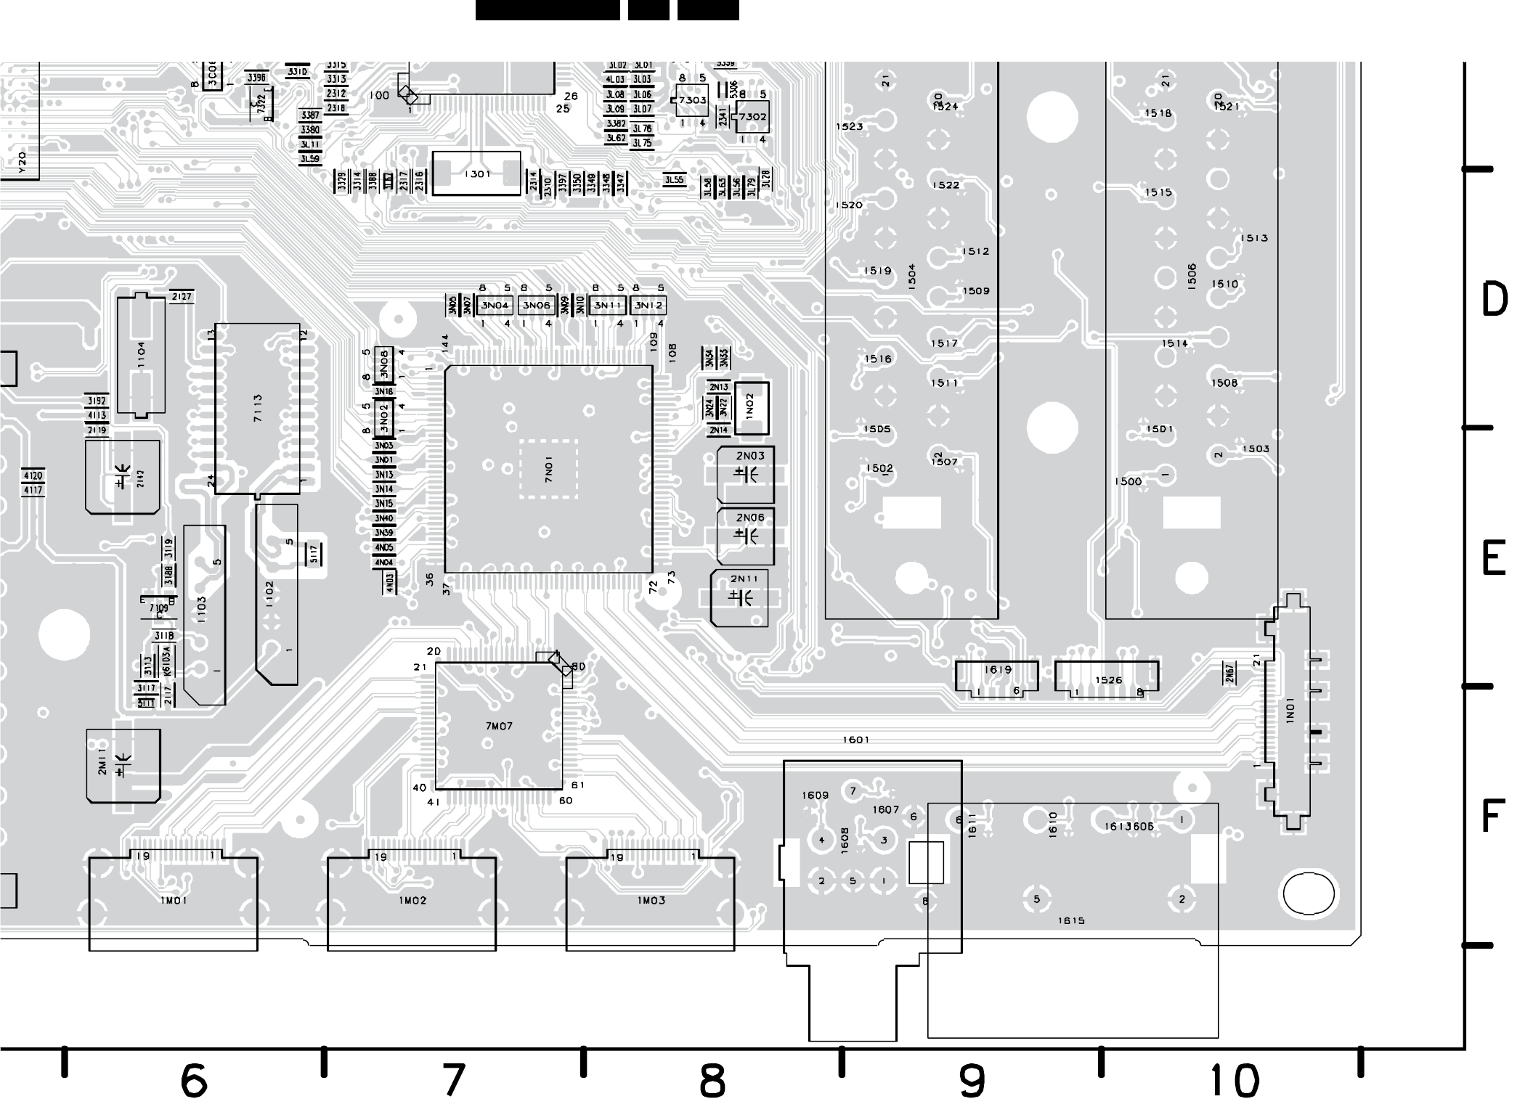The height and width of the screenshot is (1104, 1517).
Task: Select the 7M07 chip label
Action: point(499,726)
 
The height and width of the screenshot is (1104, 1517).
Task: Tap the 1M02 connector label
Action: point(412,900)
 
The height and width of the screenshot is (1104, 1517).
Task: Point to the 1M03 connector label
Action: point(651,900)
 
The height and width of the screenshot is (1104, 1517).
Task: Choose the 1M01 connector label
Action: point(174,900)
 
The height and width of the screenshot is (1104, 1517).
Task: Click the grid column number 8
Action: point(712,1081)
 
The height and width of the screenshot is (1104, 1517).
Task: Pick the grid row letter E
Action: point(1493,559)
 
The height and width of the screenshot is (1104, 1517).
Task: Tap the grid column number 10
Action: point(1235,1081)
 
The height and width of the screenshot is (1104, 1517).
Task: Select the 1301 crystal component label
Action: point(476,174)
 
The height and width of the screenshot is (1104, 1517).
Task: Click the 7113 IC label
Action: point(258,409)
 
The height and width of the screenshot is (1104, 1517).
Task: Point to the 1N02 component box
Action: point(751,407)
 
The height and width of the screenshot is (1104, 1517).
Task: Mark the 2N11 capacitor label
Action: point(744,578)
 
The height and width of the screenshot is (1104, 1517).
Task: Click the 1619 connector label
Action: point(998,670)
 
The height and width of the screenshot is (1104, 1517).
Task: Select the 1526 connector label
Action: point(1108,680)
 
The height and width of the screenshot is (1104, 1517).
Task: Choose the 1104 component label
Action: point(142,354)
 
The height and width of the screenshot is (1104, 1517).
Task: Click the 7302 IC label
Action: point(753,116)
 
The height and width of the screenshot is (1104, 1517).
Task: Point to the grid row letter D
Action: point(1494,300)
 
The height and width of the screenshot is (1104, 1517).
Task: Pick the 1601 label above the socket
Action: point(855,740)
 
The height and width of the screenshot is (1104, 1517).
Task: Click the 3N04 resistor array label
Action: point(495,306)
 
